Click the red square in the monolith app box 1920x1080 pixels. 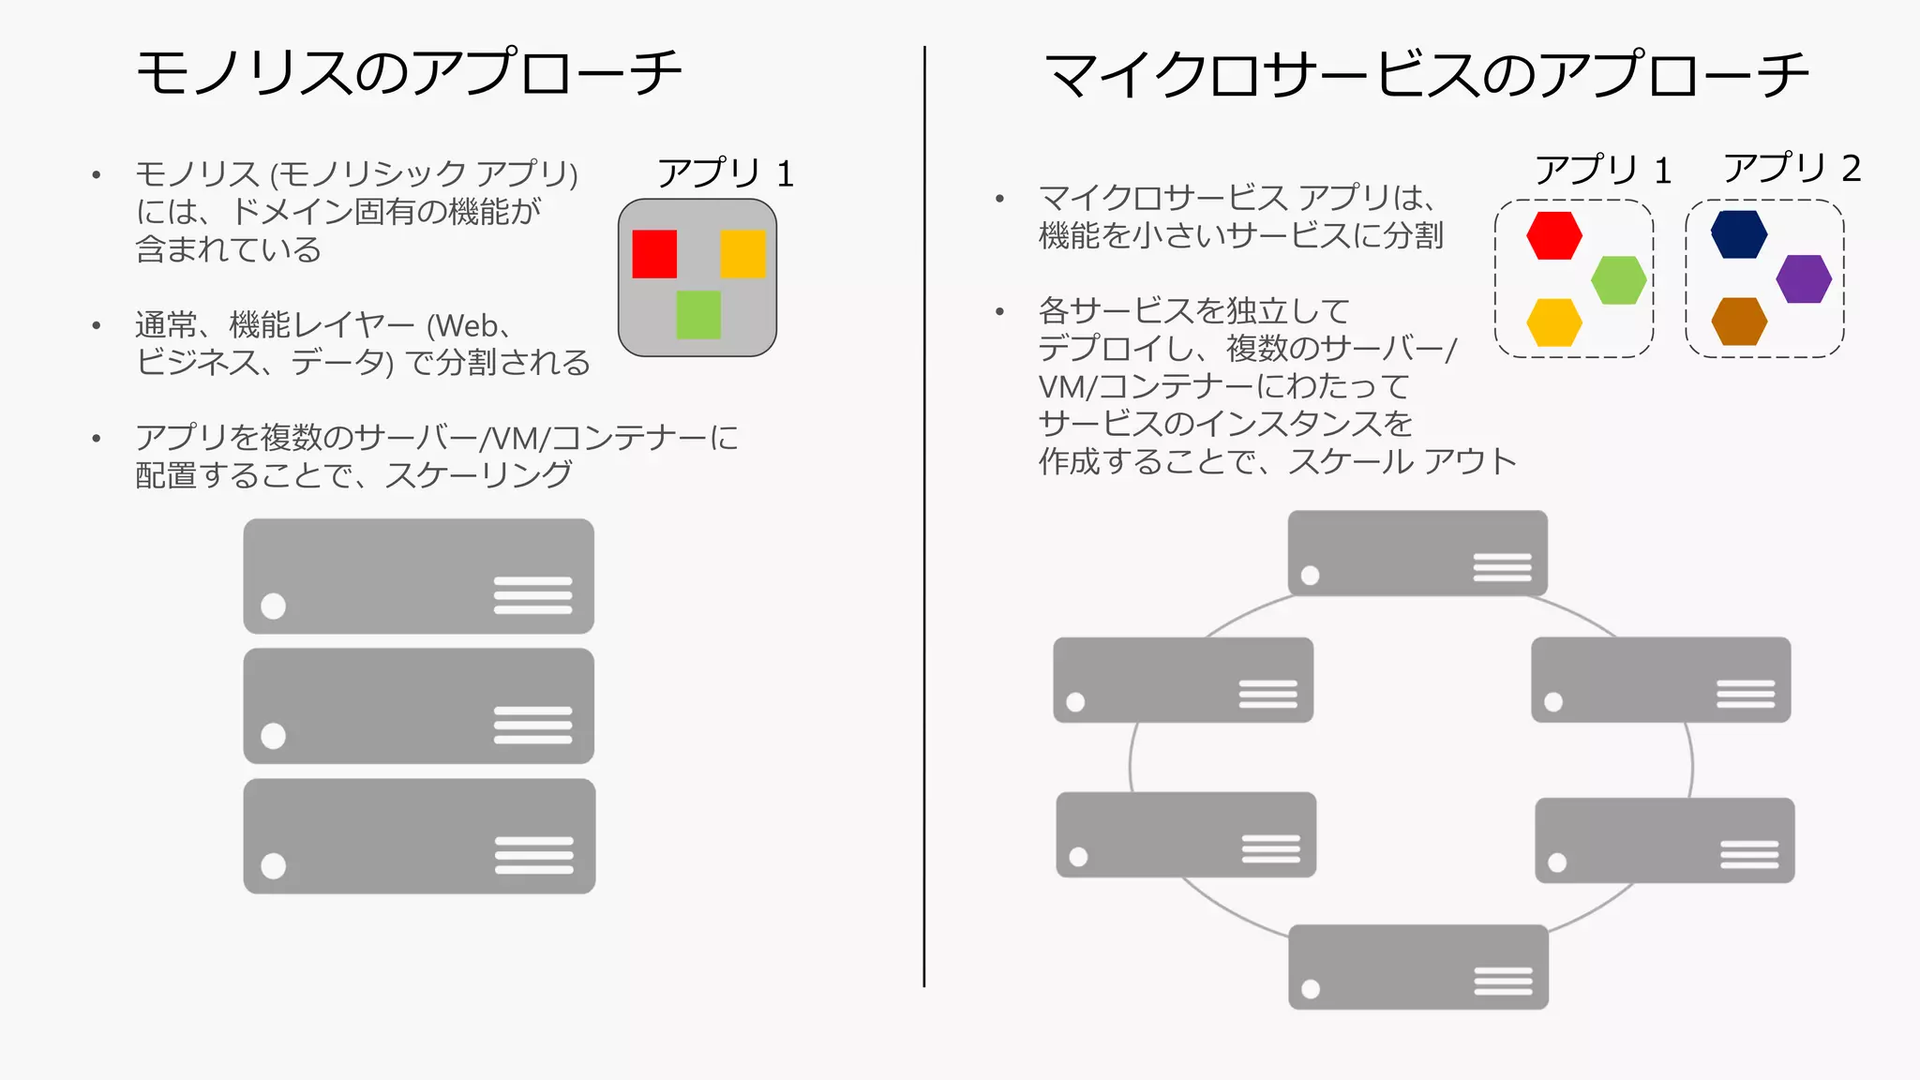[x=654, y=254]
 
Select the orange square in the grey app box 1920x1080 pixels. [x=742, y=254]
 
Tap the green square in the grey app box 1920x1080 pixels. [x=698, y=314]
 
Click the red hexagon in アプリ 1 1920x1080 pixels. [x=1554, y=235]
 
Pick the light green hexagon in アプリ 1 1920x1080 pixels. [x=1619, y=280]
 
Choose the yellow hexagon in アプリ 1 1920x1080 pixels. [x=1554, y=322]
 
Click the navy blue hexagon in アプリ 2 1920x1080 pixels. [x=1739, y=234]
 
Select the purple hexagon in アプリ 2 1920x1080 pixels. [x=1804, y=279]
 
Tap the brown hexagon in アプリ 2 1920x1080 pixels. [x=1739, y=322]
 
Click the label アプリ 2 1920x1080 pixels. [x=1792, y=169]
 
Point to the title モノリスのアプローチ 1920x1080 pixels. [x=409, y=73]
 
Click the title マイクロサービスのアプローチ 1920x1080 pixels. [x=1426, y=75]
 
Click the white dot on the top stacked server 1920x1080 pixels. [x=273, y=607]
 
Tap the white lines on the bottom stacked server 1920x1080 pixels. [x=533, y=855]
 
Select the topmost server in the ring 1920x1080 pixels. [x=1417, y=553]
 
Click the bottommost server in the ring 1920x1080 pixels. [x=1417, y=967]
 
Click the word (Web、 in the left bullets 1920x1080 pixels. [x=470, y=326]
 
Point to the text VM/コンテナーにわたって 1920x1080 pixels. [x=1222, y=386]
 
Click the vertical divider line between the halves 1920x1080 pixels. [x=924, y=516]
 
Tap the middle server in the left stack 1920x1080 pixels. [x=418, y=706]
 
